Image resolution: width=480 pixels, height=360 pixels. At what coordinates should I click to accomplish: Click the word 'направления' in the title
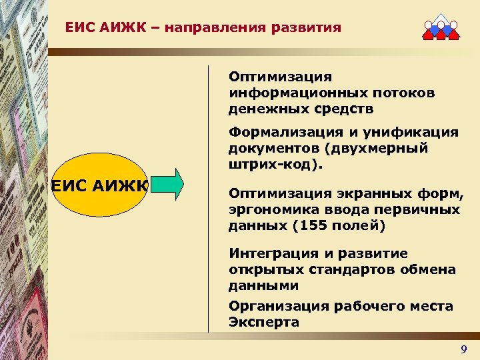click(221, 28)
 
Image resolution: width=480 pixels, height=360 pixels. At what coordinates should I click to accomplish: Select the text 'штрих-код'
click(263, 163)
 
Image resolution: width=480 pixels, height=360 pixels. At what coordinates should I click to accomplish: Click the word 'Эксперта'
click(263, 321)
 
